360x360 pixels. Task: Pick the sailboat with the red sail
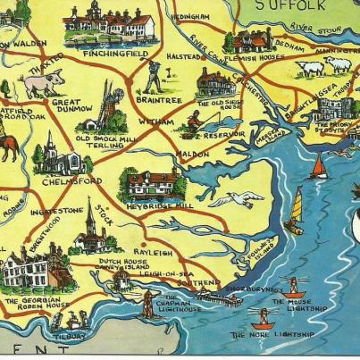click(x=318, y=166)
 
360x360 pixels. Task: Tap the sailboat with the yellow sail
click(x=296, y=210)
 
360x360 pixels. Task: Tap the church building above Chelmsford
click(x=52, y=156)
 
